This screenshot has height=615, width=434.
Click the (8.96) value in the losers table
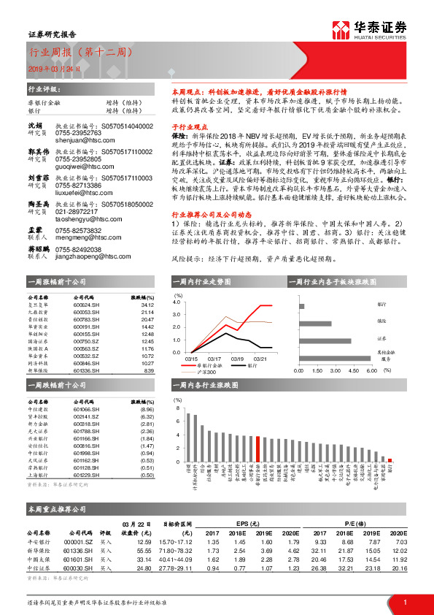[x=147, y=410]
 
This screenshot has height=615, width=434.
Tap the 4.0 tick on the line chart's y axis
[x=176, y=301]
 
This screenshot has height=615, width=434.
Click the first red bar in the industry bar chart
[x=257, y=446]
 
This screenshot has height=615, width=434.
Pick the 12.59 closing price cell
[x=143, y=542]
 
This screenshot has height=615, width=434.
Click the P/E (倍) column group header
[x=357, y=522]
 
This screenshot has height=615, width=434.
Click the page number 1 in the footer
[x=405, y=602]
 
